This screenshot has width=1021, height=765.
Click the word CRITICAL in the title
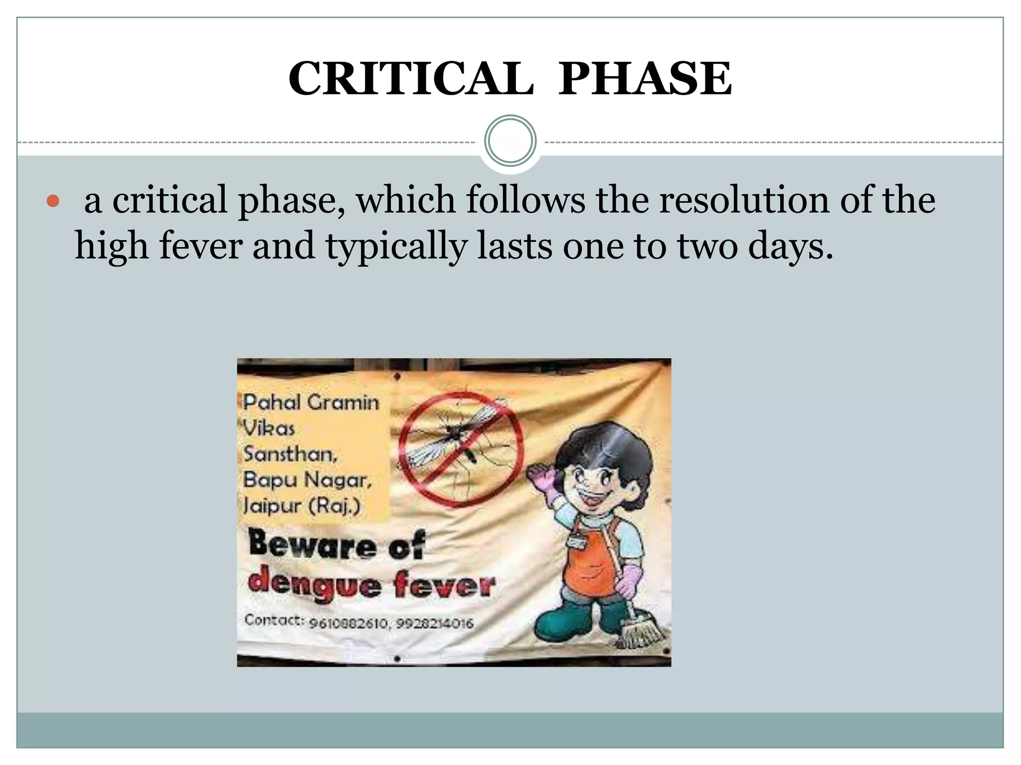pos(411,79)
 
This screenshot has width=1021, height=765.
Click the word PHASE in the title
pos(645,79)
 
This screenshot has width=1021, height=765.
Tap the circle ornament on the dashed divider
pos(510,141)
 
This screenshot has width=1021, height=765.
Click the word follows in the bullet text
pos(525,200)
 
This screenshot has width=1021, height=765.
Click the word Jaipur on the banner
pos(272,506)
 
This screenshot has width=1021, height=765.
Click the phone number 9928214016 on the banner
pos(435,623)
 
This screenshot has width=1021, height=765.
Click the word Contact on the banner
pos(274,620)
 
